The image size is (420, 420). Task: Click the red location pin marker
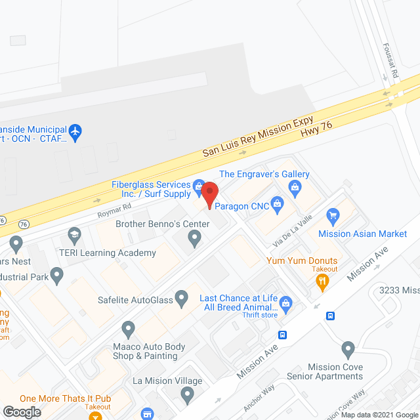(209, 196)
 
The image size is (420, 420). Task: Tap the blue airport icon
(75, 131)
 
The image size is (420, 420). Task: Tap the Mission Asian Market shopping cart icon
(333, 215)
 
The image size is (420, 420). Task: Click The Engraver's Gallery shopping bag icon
(296, 189)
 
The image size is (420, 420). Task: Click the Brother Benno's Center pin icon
(194, 241)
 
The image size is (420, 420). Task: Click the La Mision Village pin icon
(188, 396)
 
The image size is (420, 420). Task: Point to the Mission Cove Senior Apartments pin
(348, 349)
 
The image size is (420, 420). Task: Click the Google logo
(21, 411)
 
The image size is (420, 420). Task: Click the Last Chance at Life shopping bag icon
(285, 303)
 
